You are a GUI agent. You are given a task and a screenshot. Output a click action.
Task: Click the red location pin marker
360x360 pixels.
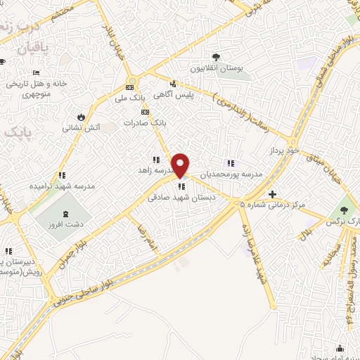pyautogui.click(x=181, y=165)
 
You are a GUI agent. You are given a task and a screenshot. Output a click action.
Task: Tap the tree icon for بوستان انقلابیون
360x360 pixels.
pyautogui.click(x=216, y=58)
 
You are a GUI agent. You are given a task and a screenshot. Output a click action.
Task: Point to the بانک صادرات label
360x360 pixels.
pyautogui.click(x=145, y=122)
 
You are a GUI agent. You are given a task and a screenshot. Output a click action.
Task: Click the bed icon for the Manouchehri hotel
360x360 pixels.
pyautogui.click(x=37, y=73)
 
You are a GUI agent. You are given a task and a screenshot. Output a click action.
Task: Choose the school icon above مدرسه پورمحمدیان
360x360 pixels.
pyautogui.click(x=230, y=164)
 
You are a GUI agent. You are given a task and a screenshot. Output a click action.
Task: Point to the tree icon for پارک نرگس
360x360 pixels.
pyautogui.click(x=344, y=210)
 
